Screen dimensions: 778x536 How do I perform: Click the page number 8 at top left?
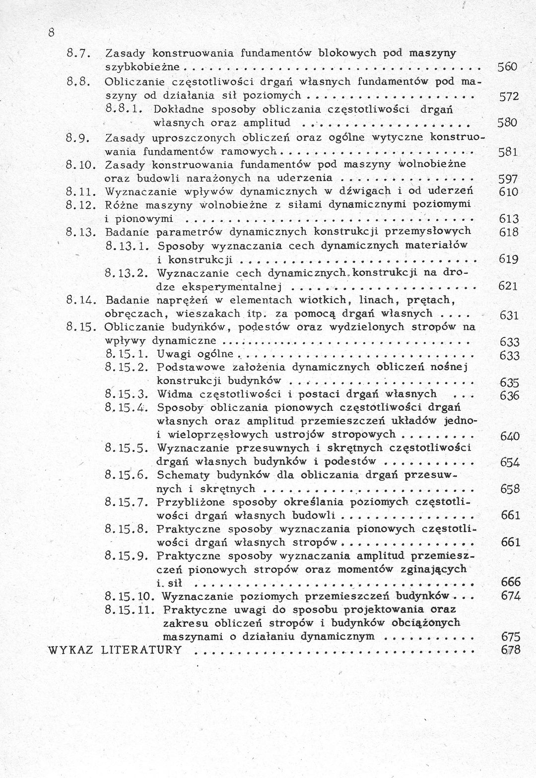51,33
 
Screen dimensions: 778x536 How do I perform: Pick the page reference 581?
508,153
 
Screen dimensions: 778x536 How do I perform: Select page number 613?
508,219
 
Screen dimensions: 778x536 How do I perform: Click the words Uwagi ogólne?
195,354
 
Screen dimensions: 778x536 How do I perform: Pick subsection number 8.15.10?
131,595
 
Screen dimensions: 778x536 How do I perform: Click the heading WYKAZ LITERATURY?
115,650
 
